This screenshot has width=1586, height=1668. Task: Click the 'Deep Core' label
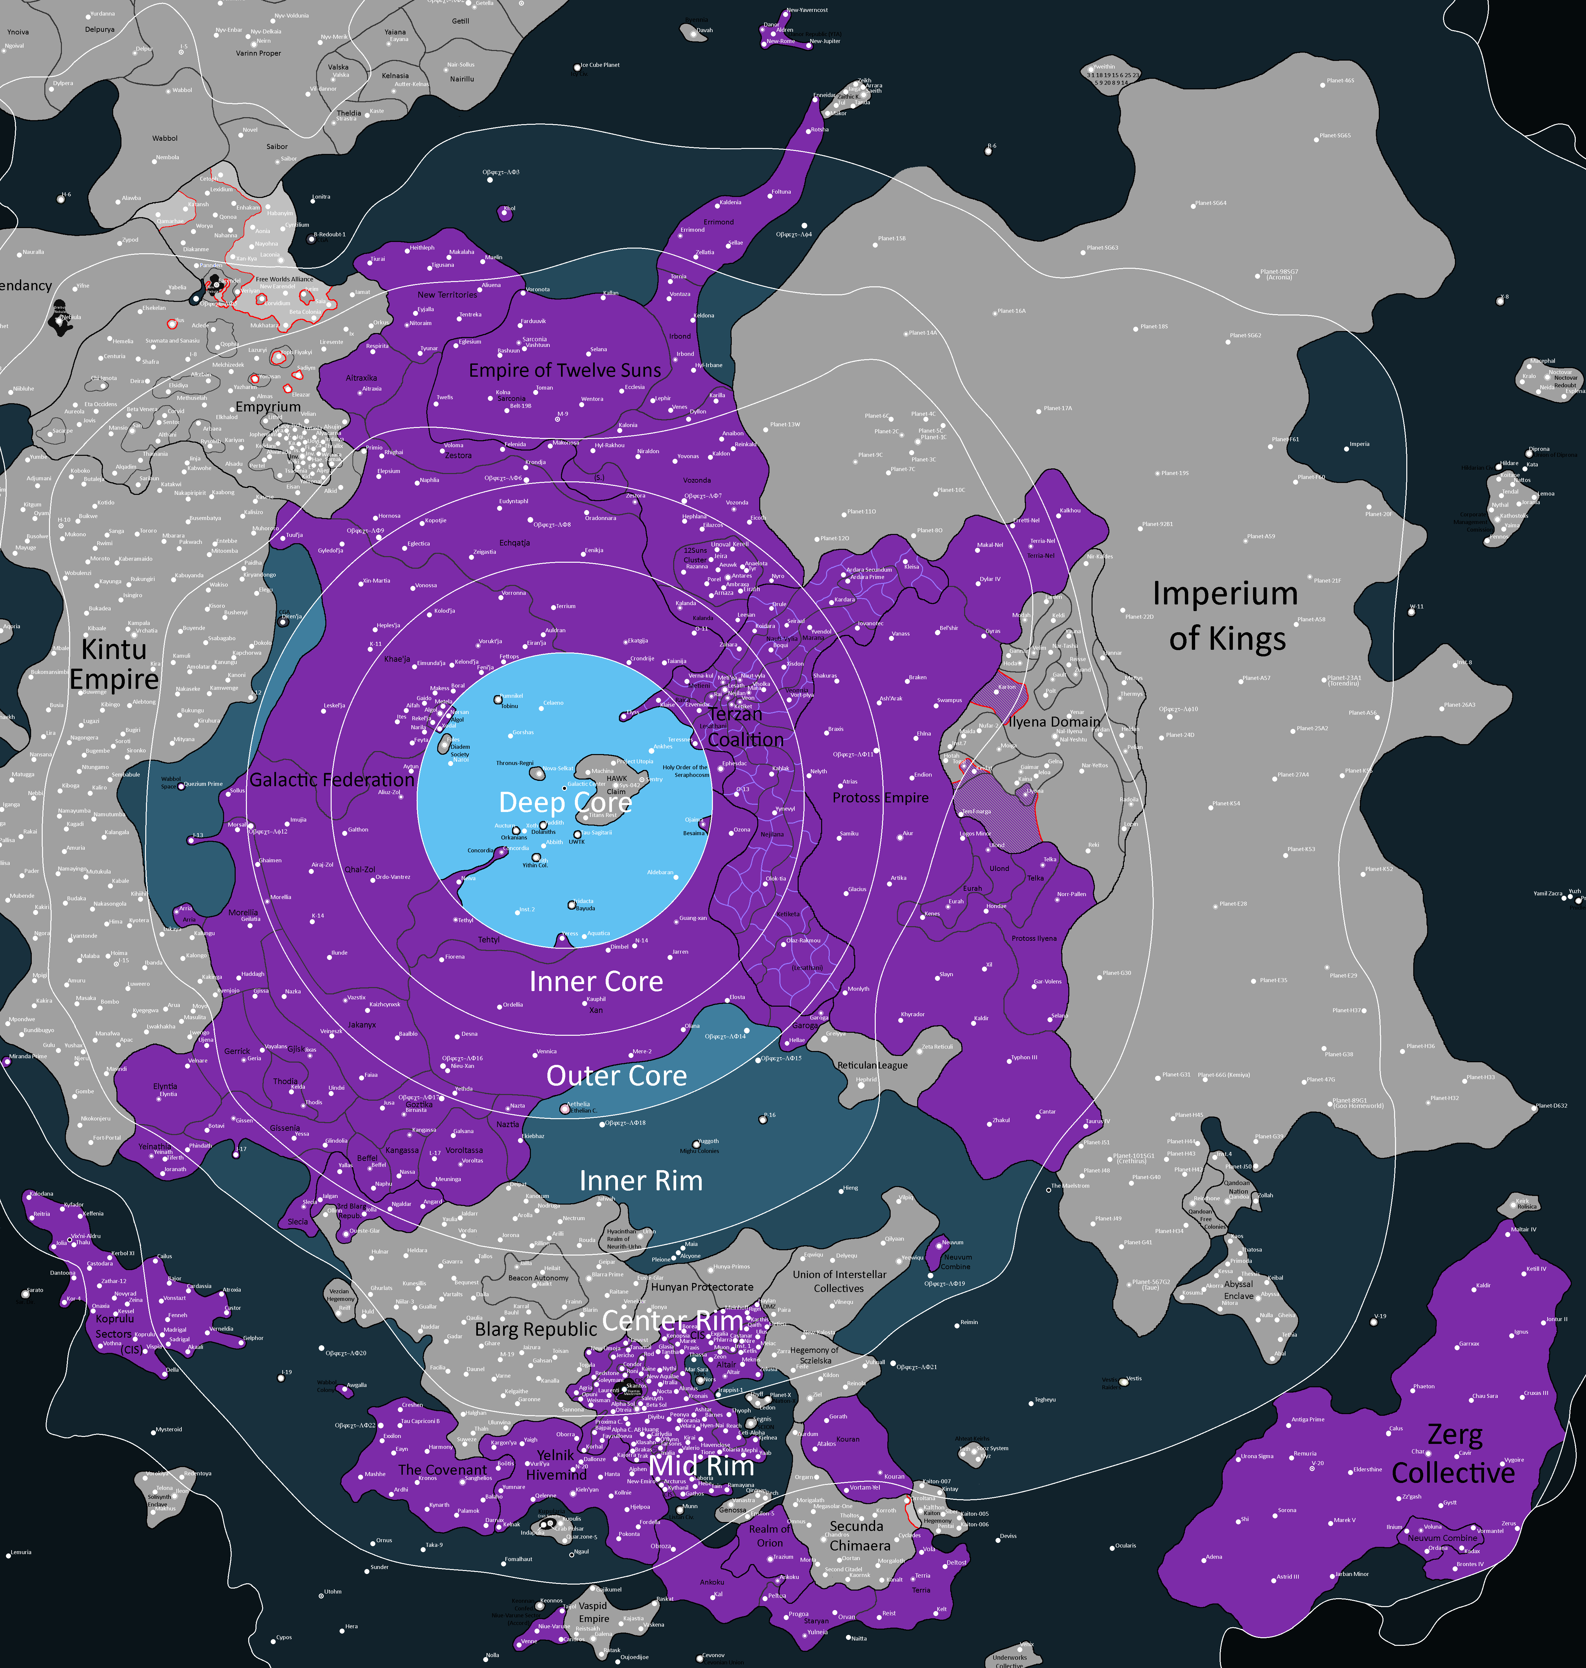(x=565, y=801)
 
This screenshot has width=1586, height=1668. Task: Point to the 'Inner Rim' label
(x=641, y=1180)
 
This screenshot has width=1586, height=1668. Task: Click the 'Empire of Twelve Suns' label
(x=565, y=370)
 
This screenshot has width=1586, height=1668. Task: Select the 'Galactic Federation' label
(x=332, y=780)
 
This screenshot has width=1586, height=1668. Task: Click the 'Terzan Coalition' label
(x=744, y=727)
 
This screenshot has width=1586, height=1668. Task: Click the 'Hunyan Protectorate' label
(x=702, y=1287)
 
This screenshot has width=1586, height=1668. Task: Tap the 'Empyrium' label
(x=268, y=406)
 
